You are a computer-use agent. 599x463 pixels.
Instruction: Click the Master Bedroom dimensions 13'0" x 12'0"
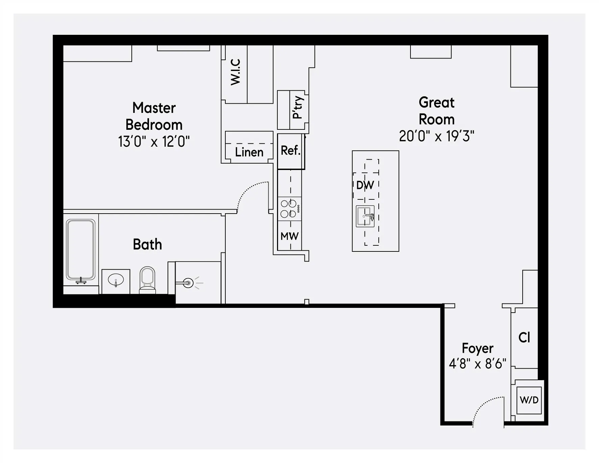coord(154,142)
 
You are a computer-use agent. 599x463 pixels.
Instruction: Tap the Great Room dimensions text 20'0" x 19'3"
coord(436,136)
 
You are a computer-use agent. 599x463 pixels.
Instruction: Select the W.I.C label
coord(235,72)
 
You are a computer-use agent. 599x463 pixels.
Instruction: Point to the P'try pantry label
coord(298,107)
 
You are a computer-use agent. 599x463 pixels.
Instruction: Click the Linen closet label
coord(249,152)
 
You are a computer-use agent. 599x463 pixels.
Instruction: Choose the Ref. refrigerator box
coord(291,151)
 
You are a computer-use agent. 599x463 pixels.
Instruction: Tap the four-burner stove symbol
coord(289,209)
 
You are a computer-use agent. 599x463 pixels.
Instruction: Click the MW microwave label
coord(290,236)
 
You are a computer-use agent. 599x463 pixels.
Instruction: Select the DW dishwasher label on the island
coord(365,185)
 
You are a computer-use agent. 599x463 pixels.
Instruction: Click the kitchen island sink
coord(365,216)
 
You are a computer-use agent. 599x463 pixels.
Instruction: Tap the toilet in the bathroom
coord(148,279)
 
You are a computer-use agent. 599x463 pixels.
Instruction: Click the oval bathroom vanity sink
coord(116,280)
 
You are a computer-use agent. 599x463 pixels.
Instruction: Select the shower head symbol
coord(188,283)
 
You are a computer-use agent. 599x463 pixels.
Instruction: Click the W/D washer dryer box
coord(529,400)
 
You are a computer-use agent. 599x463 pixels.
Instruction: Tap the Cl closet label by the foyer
coord(524,338)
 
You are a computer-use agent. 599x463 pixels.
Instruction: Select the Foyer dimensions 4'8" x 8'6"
coord(477,364)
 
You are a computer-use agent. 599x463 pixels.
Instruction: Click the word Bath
coord(147,244)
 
